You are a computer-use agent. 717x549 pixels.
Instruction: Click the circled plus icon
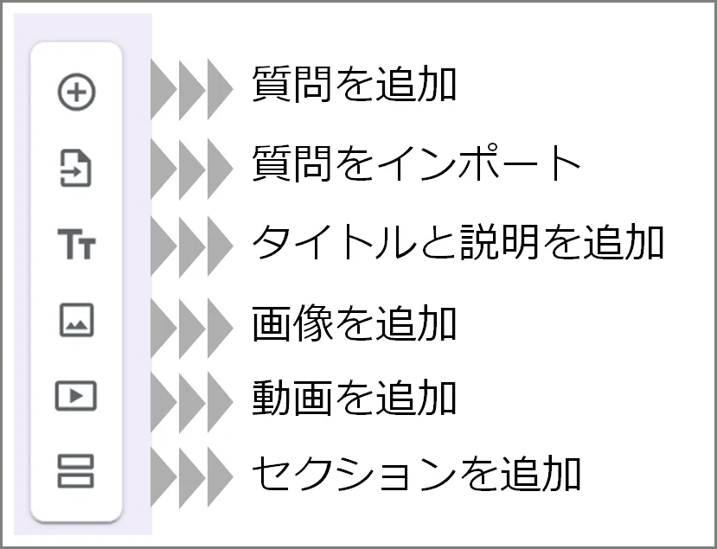(76, 93)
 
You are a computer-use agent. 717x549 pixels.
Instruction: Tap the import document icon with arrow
(76, 168)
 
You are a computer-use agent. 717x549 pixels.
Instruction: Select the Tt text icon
(76, 245)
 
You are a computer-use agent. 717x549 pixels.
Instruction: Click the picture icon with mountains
(76, 321)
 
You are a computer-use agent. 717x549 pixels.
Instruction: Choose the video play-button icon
(76, 396)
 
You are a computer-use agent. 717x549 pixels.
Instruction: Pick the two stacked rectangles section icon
(76, 472)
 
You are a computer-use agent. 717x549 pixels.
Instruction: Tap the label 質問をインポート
(417, 163)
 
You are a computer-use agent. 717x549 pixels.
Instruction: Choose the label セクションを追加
(417, 473)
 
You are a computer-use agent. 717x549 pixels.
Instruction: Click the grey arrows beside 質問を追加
(192, 90)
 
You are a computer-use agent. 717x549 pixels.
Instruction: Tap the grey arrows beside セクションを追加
(192, 474)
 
